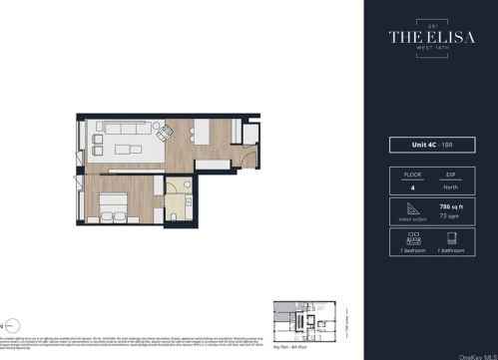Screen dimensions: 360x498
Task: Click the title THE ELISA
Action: [430, 39]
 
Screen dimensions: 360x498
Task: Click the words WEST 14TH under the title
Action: [430, 51]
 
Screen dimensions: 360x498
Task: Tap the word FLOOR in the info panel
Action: [409, 175]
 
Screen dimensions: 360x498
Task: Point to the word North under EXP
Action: [450, 186]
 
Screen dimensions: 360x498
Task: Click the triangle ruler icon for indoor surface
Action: [409, 205]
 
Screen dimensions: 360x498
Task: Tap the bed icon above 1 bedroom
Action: [409, 237]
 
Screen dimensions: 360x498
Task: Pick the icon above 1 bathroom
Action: [450, 237]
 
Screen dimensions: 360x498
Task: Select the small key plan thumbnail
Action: [304, 320]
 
